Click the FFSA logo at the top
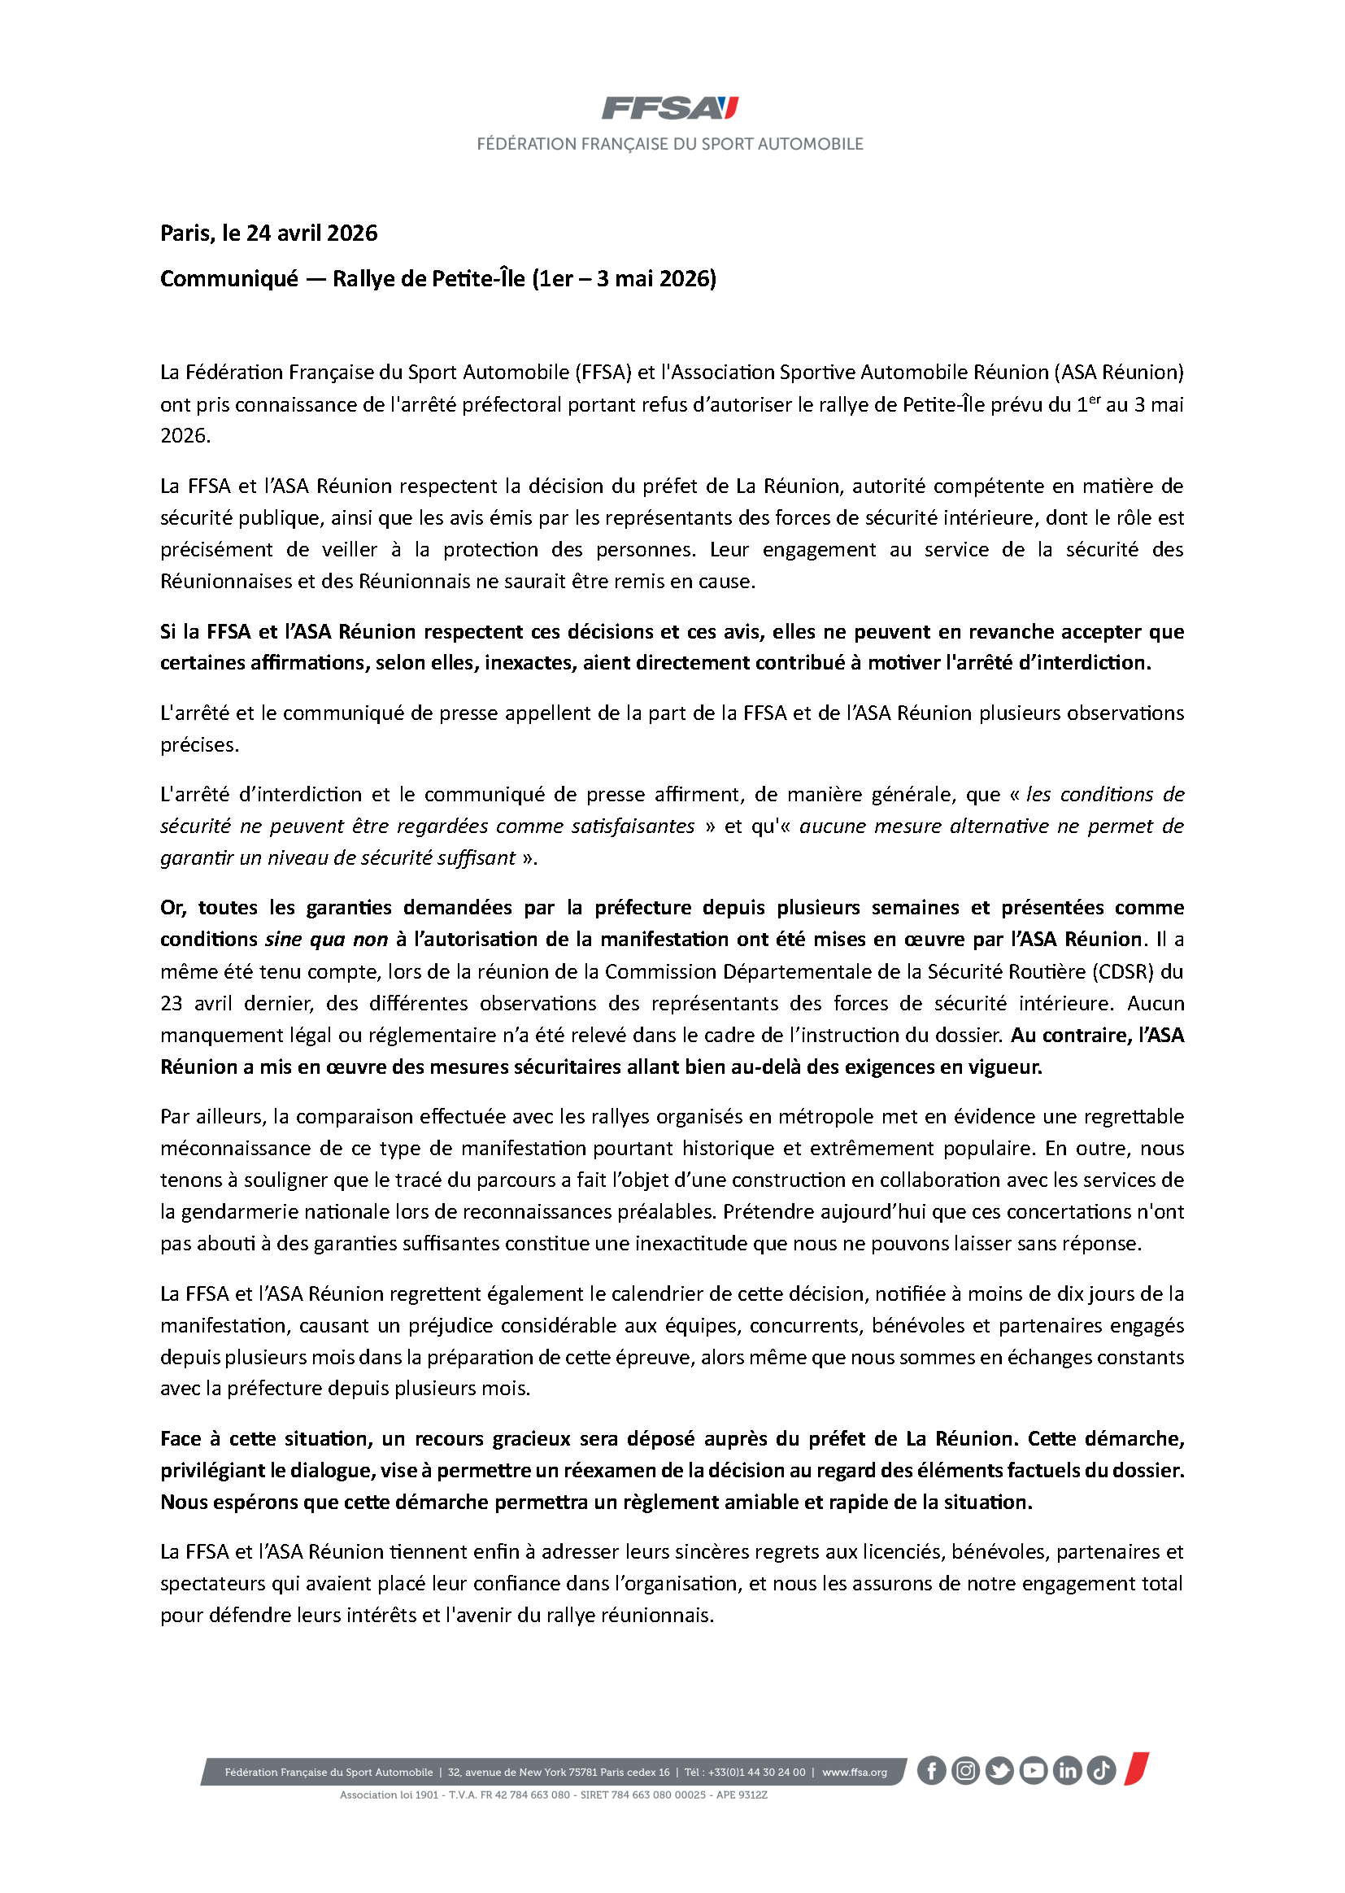[x=669, y=107]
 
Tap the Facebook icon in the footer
[x=931, y=1770]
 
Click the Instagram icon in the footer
[x=965, y=1770]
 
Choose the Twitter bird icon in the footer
[x=999, y=1770]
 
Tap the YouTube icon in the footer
[x=1033, y=1770]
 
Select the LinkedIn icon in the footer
[x=1067, y=1770]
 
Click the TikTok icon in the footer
[x=1101, y=1770]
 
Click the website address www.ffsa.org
[x=854, y=1772]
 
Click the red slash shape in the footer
[x=1136, y=1768]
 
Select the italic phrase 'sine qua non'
[x=326, y=940]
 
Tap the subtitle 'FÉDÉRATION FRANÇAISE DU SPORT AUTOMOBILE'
[x=669, y=144]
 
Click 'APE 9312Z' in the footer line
[x=742, y=1795]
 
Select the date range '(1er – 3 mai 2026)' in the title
[x=624, y=279]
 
